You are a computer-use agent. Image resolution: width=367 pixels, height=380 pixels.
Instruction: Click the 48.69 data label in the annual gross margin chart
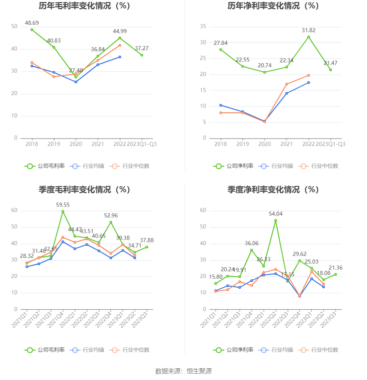click(32, 23)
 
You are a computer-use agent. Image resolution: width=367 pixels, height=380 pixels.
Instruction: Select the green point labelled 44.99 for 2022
click(120, 38)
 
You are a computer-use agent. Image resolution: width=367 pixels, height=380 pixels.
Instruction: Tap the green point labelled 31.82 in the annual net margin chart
click(309, 37)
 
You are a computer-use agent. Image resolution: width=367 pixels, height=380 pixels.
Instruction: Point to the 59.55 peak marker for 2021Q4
click(63, 211)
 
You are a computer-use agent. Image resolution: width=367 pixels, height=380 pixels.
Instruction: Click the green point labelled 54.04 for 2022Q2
click(275, 220)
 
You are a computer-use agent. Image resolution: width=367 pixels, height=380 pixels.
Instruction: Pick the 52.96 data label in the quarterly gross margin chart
click(111, 216)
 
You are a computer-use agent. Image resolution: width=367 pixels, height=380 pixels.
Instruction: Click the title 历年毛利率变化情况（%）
click(84, 6)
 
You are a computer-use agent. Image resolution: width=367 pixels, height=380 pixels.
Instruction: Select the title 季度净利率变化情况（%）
click(273, 190)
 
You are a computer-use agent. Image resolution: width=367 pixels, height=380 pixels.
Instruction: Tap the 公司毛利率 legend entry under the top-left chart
click(45, 166)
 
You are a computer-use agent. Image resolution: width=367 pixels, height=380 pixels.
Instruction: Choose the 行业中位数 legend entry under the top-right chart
click(320, 166)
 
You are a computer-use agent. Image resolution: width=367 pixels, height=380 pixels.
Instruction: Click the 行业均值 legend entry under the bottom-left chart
click(87, 350)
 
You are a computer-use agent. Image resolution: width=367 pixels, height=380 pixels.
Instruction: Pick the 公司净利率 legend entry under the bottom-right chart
click(234, 350)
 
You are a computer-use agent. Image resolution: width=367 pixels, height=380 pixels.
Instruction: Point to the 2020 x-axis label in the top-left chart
click(76, 144)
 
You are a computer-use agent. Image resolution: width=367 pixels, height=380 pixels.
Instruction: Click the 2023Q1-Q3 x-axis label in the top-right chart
click(331, 144)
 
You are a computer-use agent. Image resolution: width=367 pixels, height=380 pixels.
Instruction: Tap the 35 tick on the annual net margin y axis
click(203, 26)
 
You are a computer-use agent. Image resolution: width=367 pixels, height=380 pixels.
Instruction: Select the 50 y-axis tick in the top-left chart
click(14, 26)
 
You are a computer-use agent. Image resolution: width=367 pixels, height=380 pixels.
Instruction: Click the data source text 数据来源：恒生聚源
click(183, 371)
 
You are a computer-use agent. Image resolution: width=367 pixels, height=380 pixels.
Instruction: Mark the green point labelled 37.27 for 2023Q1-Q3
click(142, 55)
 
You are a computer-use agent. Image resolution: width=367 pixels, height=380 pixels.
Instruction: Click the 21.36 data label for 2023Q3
click(335, 268)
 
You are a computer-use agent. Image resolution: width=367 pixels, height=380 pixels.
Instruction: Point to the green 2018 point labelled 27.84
click(221, 50)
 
